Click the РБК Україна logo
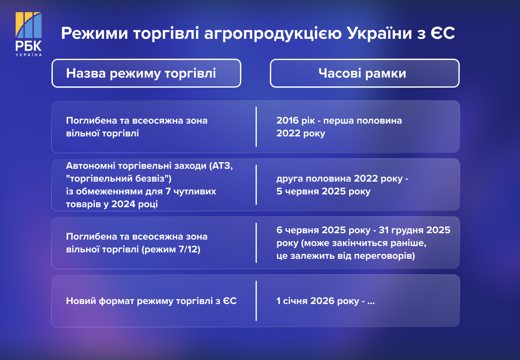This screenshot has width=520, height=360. click(28, 34)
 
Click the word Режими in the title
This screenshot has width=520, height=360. click(94, 33)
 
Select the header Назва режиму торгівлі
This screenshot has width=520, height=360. click(141, 73)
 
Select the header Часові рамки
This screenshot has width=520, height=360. click(362, 73)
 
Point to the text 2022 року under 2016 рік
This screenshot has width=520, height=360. click(301, 133)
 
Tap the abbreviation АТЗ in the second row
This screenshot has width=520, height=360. click(222, 166)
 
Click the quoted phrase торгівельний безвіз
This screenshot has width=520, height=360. click(119, 178)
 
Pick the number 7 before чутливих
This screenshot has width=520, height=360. click(168, 191)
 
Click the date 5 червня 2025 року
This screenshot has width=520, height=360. click(323, 191)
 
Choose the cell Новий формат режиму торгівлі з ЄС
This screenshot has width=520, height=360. click(151, 301)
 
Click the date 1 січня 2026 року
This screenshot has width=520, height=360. click(318, 301)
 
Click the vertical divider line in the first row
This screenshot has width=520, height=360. click(256, 127)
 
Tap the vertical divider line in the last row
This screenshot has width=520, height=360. click(256, 301)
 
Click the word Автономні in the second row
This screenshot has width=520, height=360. click(90, 166)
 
